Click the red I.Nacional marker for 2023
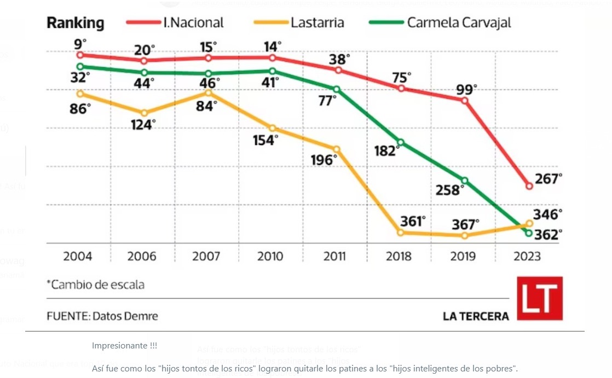point(529,186)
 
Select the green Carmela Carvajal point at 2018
point(401,142)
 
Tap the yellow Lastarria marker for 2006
point(144,113)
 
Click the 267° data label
point(549,179)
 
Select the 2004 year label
point(78,257)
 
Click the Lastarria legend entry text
point(317,22)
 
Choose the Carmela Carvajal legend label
point(459,22)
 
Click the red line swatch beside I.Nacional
point(142,22)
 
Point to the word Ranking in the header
point(75,23)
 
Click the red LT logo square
point(540,298)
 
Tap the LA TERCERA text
point(476,316)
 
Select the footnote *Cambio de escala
point(95,285)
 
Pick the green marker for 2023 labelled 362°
point(529,233)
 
